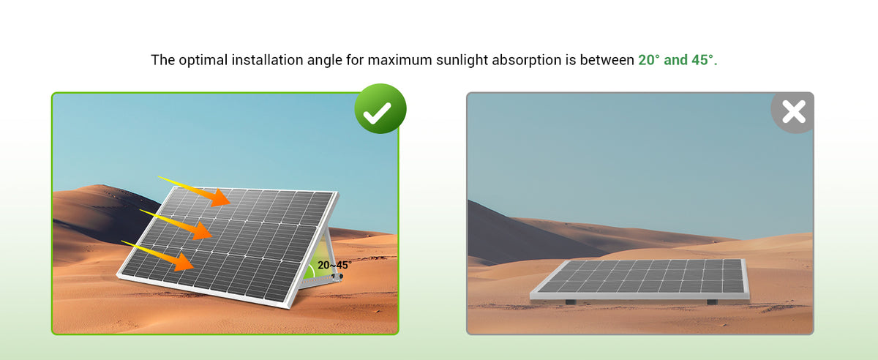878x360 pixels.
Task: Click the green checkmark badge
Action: (x=380, y=108)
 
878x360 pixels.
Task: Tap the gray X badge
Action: (x=793, y=112)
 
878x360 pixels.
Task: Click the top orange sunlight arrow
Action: (x=195, y=191)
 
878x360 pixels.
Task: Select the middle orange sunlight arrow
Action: (x=176, y=225)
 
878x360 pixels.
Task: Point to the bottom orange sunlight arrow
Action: (x=158, y=255)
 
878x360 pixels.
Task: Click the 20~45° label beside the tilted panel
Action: (x=334, y=265)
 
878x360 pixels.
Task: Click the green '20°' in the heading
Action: (x=649, y=60)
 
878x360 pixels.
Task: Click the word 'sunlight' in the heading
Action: (x=462, y=61)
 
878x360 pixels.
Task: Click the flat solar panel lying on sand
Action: (x=639, y=280)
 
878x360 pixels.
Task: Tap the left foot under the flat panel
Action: (x=571, y=302)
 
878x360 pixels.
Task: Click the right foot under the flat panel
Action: (x=712, y=302)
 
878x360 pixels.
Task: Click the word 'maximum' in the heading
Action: (x=399, y=61)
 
